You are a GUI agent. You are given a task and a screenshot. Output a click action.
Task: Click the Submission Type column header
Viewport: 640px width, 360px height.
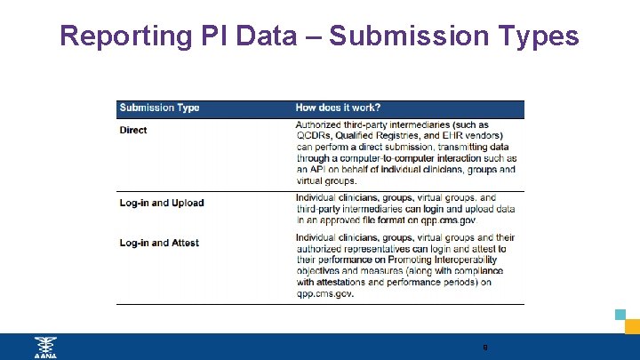(x=160, y=108)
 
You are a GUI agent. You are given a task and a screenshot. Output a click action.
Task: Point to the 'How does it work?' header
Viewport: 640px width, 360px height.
(x=338, y=108)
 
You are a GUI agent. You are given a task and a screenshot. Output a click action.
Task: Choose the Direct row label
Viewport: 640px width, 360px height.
(x=133, y=130)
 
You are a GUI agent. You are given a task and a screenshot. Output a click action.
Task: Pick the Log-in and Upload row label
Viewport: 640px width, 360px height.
(x=162, y=203)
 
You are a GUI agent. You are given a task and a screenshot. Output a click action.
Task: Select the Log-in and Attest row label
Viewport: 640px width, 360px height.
(x=160, y=243)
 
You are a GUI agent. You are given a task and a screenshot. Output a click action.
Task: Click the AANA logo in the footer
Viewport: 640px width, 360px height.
(x=44, y=348)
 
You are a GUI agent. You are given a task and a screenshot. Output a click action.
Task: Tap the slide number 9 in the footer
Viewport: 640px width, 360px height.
(x=484, y=348)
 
